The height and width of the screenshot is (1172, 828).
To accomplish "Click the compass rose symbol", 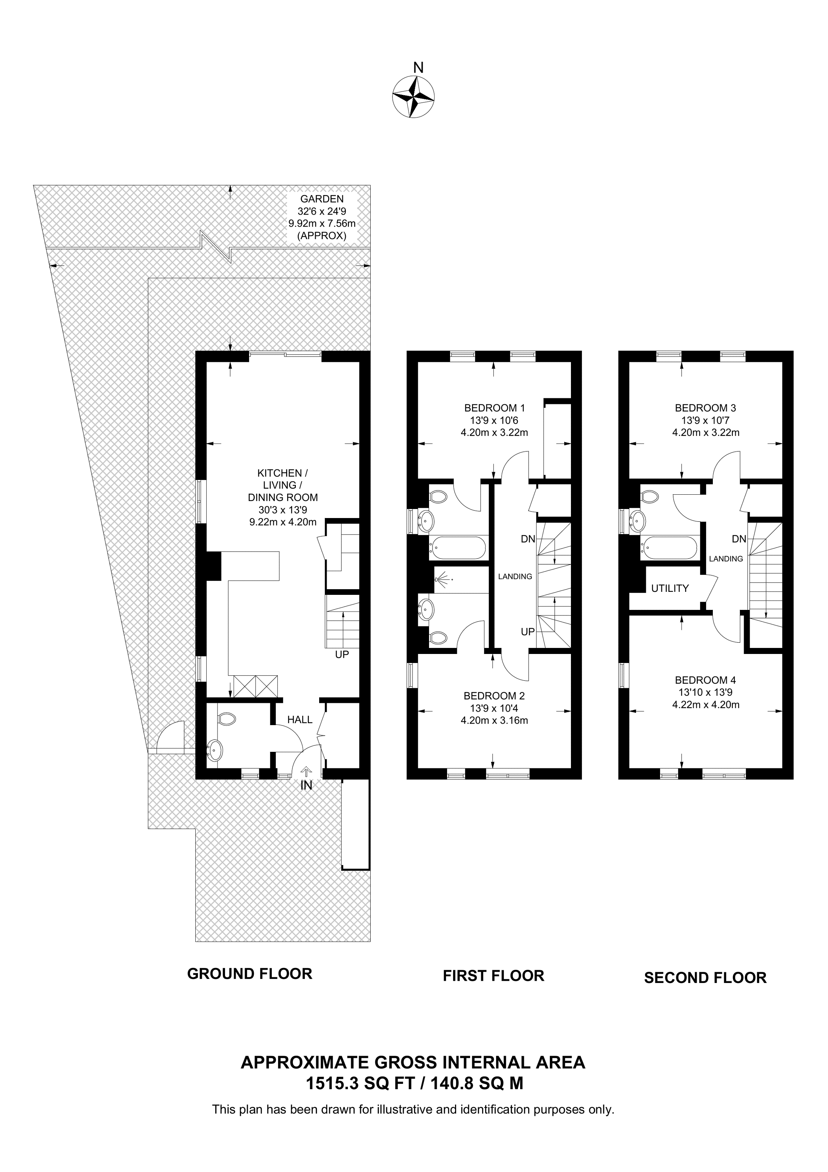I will click(x=413, y=96).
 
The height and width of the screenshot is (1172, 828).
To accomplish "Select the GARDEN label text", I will click(x=321, y=199).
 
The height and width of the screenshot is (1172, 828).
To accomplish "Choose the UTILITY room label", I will click(x=670, y=588).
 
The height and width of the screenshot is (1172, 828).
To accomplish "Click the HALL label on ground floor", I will click(x=300, y=720).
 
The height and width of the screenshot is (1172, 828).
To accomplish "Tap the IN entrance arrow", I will click(x=306, y=772).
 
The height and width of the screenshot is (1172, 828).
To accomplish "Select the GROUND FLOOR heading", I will click(x=250, y=974).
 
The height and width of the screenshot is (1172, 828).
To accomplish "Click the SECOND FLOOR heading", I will click(x=705, y=978).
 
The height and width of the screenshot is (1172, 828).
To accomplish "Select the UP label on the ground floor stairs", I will click(x=341, y=654).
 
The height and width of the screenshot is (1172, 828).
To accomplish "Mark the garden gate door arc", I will click(x=169, y=735).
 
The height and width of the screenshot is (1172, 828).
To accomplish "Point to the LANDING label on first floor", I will click(x=515, y=576).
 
